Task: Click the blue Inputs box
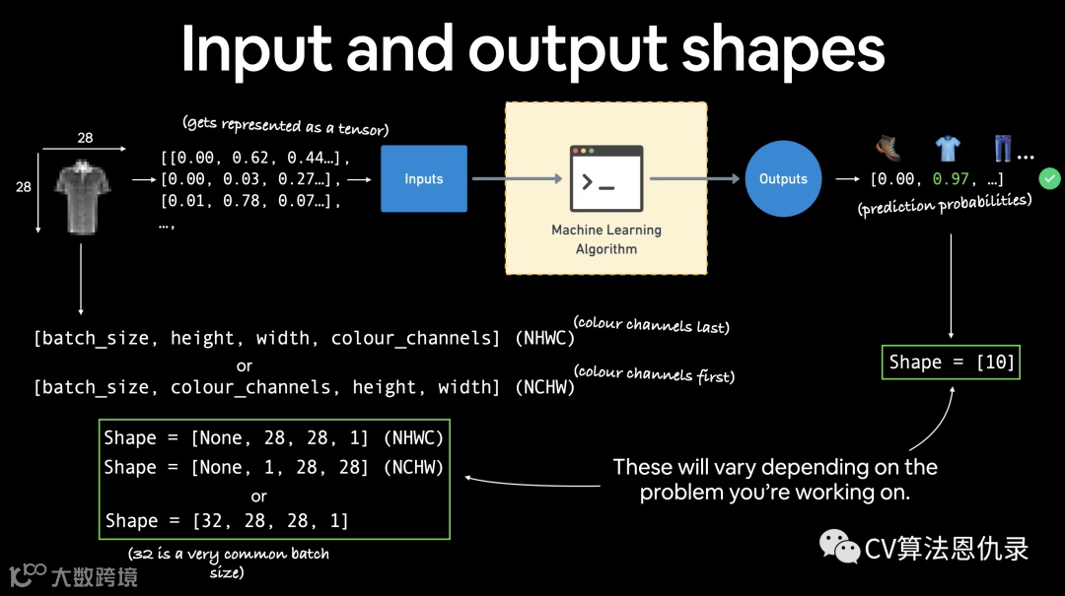click(x=424, y=179)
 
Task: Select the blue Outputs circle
click(x=783, y=179)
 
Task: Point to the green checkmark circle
click(x=1049, y=178)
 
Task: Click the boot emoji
click(x=888, y=149)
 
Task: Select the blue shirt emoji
click(x=947, y=149)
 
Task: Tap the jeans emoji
click(x=1003, y=149)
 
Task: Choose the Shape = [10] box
click(x=951, y=363)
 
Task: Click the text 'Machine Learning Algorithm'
click(x=606, y=239)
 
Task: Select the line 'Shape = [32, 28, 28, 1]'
click(x=227, y=520)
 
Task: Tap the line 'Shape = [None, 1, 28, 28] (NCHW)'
click(x=273, y=467)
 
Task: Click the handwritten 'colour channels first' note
click(x=655, y=373)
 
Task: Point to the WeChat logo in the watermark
click(x=840, y=547)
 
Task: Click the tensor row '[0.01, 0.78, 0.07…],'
click(x=249, y=202)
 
